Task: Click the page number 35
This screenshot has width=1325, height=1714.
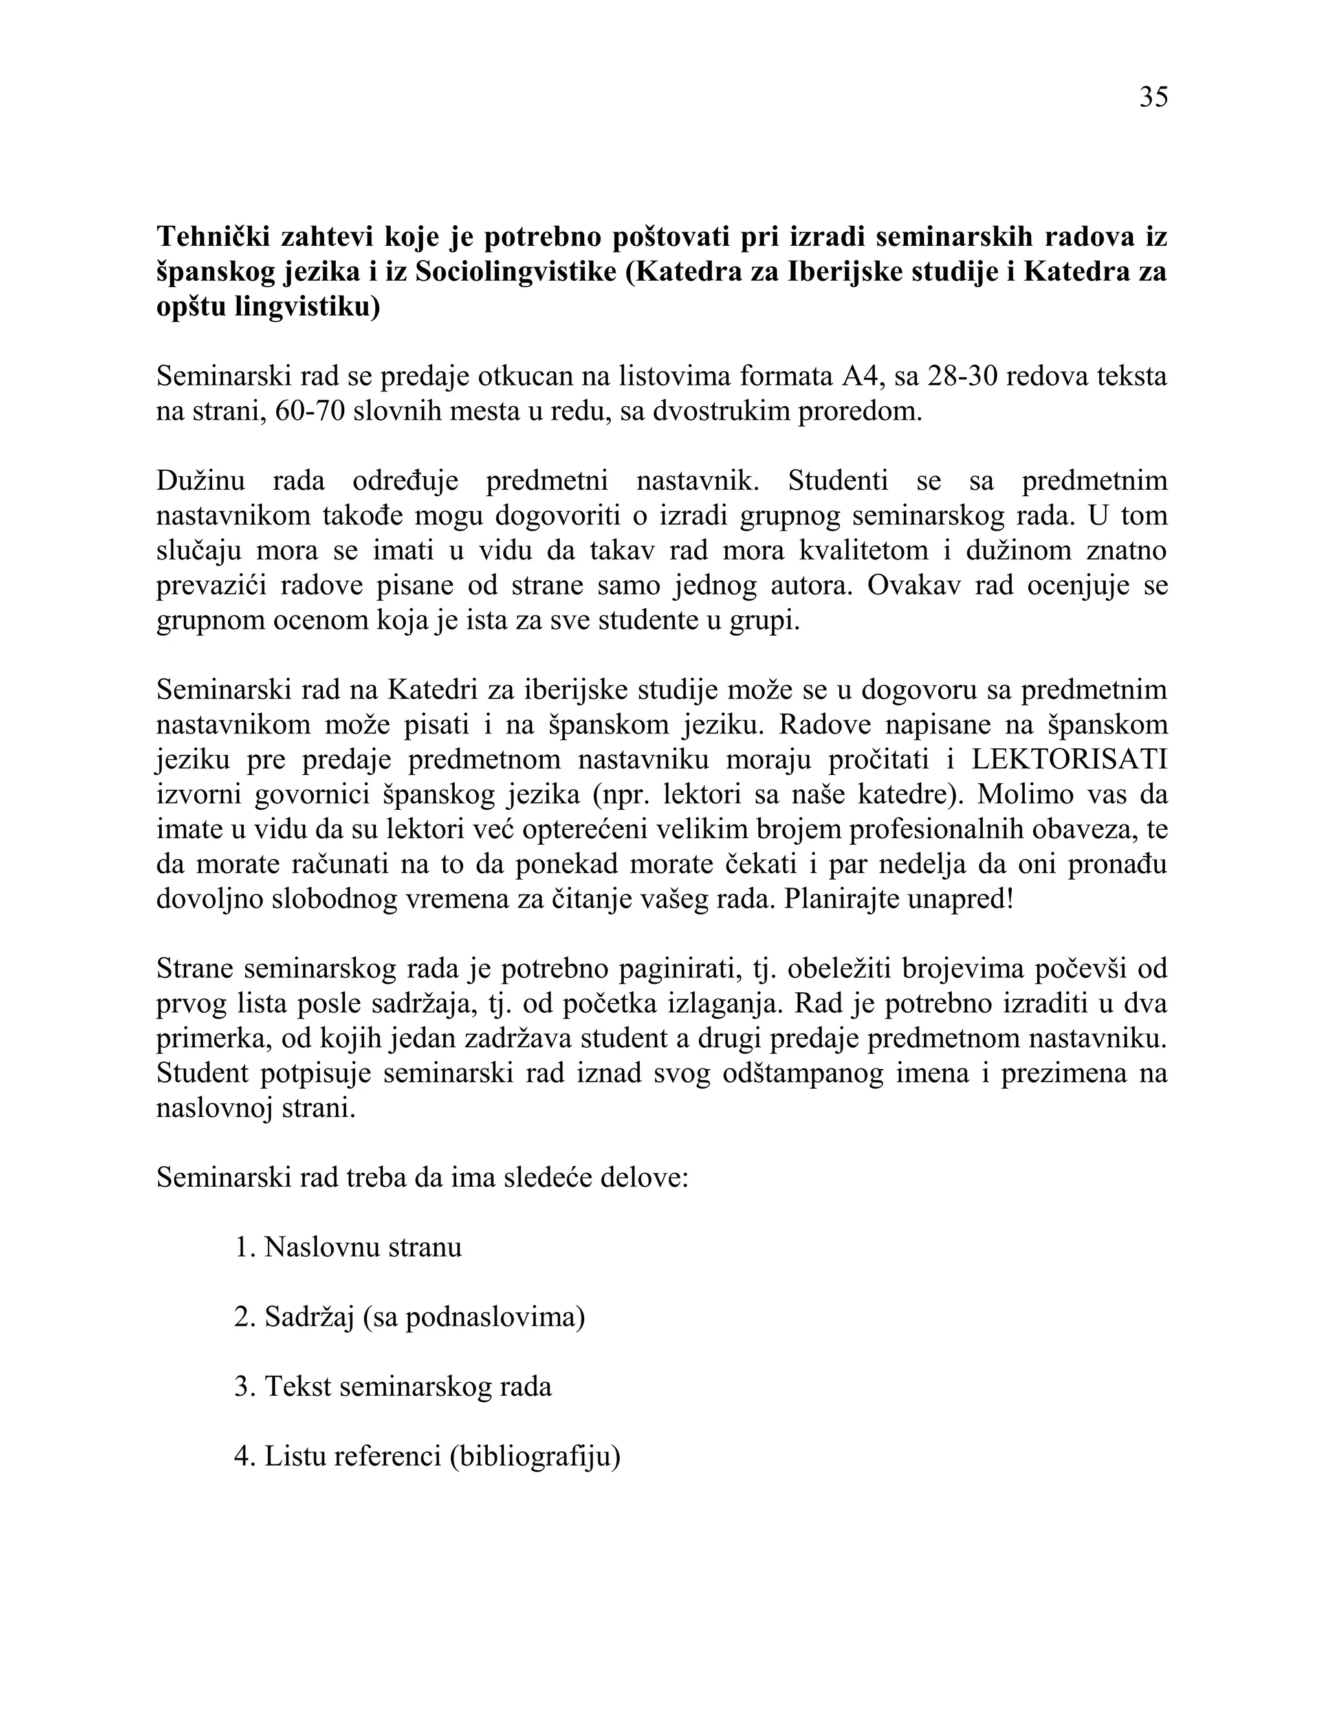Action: [1153, 97]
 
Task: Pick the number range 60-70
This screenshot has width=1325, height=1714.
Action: [311, 411]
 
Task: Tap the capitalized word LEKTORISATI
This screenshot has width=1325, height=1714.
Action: [1069, 760]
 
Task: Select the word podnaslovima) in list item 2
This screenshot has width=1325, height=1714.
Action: [496, 1318]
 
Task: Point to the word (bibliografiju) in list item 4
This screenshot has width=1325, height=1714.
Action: [535, 1457]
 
